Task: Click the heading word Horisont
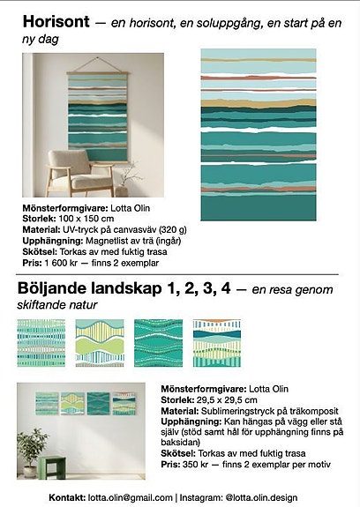click(56, 22)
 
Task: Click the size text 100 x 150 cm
click(84, 218)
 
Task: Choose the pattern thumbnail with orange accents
click(216, 342)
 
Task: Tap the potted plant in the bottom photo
click(30, 449)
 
